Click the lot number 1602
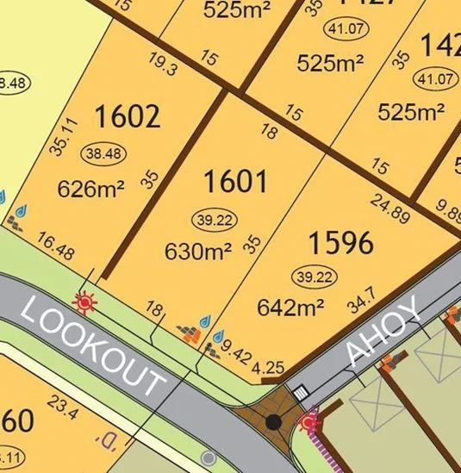click(127, 115)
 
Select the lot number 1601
click(235, 182)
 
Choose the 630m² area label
click(198, 252)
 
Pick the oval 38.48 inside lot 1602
click(103, 152)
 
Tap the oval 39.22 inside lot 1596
click(314, 276)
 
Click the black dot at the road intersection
click(274, 422)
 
